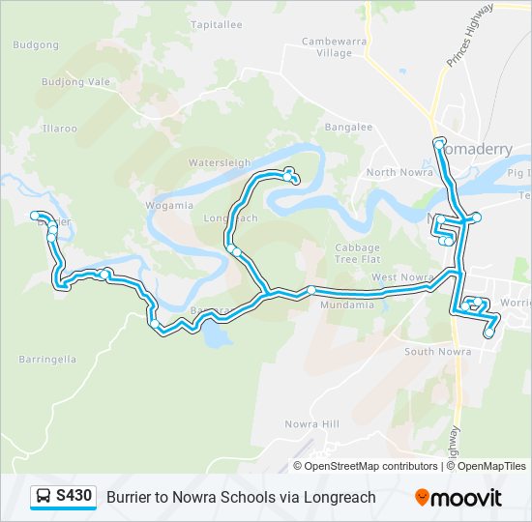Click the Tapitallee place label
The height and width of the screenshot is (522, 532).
tap(217, 25)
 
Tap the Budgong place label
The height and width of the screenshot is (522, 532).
tap(37, 44)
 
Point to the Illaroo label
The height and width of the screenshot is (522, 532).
tap(59, 128)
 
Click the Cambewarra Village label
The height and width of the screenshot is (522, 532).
tap(327, 47)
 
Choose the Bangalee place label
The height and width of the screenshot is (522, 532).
tap(348, 127)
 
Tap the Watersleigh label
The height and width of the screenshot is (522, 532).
tap(220, 162)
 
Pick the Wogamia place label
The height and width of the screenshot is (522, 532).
tap(169, 205)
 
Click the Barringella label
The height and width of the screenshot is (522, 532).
tap(47, 359)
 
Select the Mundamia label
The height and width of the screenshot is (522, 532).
tap(346, 304)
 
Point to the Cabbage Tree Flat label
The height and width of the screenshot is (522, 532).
tap(357, 253)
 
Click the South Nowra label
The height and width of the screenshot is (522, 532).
tap(434, 351)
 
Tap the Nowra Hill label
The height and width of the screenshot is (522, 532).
tap(312, 424)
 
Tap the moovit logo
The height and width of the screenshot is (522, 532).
tap(458, 498)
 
